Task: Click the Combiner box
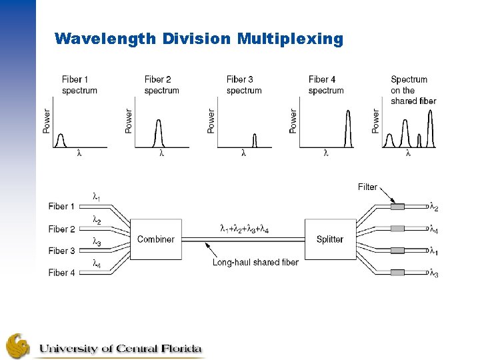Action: pos(155,239)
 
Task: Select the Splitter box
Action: pos(330,239)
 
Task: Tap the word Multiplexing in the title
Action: pos(289,39)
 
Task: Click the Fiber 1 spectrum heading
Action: pos(79,85)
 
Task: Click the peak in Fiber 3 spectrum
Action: pos(254,140)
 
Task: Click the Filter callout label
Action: pos(367,187)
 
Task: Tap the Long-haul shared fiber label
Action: pos(255,262)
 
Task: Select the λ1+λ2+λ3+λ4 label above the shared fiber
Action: pos(244,229)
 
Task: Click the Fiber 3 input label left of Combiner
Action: pos(62,251)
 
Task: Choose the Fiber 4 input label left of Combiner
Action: pos(62,272)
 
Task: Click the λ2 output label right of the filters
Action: pos(434,207)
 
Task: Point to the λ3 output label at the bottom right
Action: pos(434,273)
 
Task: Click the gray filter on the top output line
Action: pos(397,207)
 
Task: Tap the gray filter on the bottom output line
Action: pos(397,273)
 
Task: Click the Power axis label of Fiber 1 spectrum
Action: pos(46,121)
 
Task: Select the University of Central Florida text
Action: pos(120,348)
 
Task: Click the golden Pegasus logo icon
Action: pos(18,345)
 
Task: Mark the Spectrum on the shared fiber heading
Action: pos(413,90)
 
